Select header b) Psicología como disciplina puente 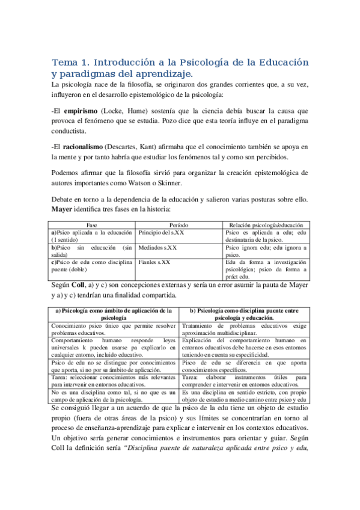click(243, 313)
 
